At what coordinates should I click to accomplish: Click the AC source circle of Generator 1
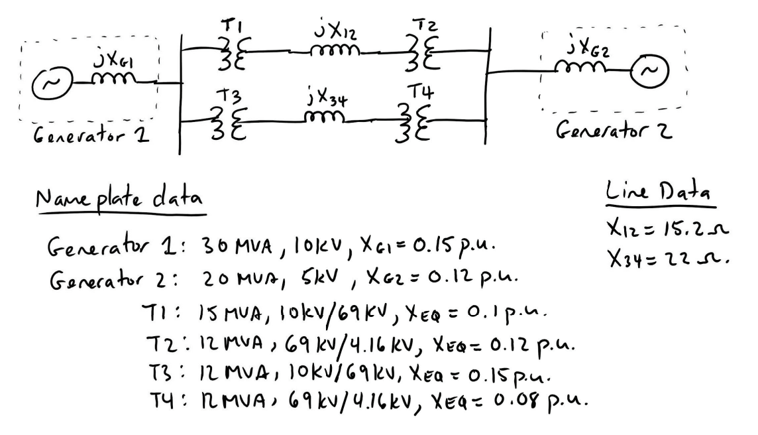click(x=50, y=83)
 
